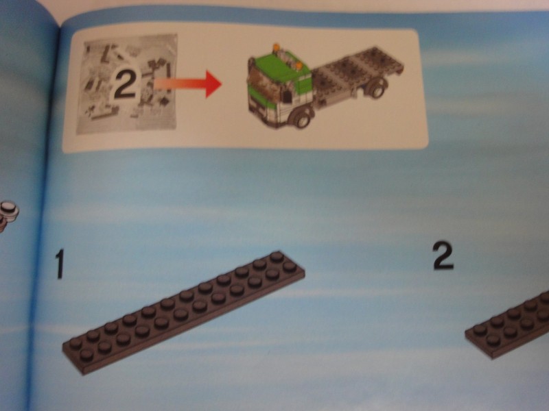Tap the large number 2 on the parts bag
[126, 84]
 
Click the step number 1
[60, 264]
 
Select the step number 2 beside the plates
[443, 255]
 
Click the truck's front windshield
[264, 86]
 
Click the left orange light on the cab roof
[277, 48]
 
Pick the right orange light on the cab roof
[299, 66]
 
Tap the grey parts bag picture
[127, 83]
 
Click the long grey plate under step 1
[184, 312]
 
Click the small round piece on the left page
[8, 211]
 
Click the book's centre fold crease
[44, 210]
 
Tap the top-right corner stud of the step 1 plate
[277, 257]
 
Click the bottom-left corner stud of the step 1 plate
[86, 355]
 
